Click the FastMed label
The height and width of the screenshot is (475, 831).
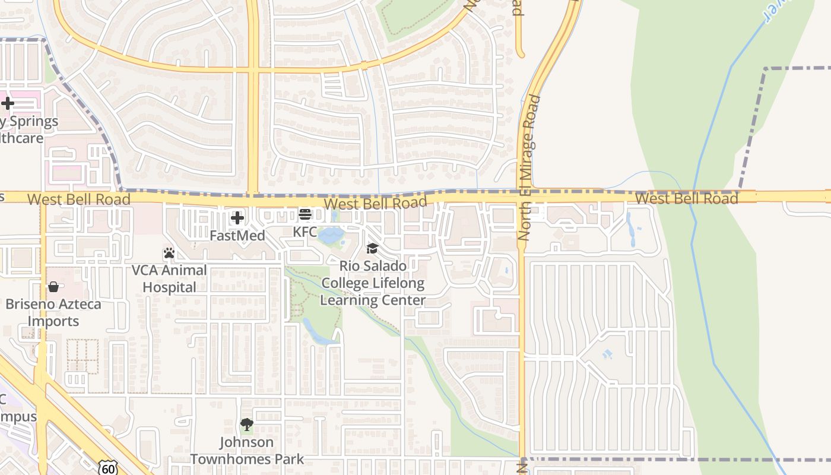(237, 236)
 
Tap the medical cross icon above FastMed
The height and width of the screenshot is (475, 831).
(237, 218)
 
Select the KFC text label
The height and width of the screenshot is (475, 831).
(305, 232)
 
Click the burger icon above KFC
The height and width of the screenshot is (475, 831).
(305, 214)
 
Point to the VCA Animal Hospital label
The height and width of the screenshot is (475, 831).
(169, 279)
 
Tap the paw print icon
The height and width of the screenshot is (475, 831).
(169, 253)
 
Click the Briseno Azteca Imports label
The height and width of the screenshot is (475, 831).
(53, 313)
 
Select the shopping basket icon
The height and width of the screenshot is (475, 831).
(53, 287)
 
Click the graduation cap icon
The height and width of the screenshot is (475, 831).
(372, 248)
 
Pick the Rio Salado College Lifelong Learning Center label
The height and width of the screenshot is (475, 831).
(373, 283)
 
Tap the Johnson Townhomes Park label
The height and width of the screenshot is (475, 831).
(246, 451)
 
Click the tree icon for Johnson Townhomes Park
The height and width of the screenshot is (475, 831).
(246, 425)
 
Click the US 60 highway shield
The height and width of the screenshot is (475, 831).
(109, 468)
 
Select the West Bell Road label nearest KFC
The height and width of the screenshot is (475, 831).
(375, 204)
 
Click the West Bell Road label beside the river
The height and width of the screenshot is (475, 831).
(686, 198)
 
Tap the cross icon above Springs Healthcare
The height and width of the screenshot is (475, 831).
(7, 104)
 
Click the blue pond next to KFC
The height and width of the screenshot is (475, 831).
(329, 236)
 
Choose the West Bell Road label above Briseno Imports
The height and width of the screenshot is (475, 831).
(78, 199)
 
